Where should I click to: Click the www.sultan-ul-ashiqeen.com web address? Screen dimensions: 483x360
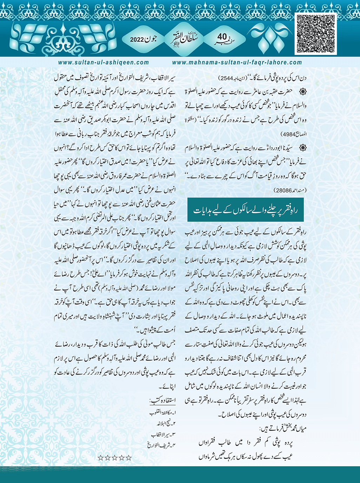click(104, 62)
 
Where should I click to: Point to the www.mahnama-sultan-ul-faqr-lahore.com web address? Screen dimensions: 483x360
click(237, 62)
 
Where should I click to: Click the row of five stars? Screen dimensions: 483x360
click(115, 458)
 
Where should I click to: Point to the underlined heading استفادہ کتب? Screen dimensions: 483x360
click(163, 401)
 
